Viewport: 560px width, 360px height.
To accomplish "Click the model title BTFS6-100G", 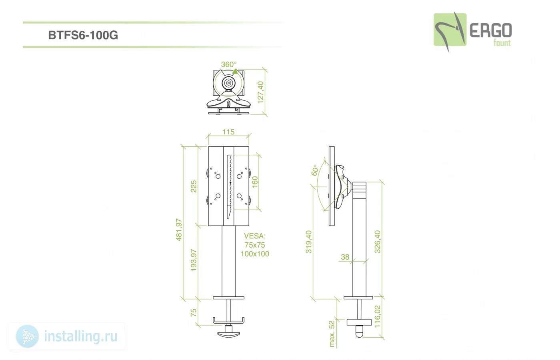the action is coord(83,35).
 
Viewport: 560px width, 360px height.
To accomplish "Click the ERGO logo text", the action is coord(491,30).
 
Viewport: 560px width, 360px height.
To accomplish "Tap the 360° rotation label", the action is coord(228,64).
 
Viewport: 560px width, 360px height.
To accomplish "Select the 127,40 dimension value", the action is coord(260,92).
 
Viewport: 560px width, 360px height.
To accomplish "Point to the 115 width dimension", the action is coord(228,132).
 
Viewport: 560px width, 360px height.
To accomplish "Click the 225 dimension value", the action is coord(194,186).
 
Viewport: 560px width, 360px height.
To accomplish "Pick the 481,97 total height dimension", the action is coord(179,230).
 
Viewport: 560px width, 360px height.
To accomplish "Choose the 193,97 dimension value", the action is coord(194,260).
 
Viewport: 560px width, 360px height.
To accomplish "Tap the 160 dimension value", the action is coord(254,182).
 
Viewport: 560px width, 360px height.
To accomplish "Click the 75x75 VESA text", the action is coord(254,245).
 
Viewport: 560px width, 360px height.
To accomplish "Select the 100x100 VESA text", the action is coord(255,254).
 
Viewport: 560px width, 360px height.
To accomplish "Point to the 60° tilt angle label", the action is coord(315,170).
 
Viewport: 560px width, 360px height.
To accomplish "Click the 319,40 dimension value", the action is coord(309,242).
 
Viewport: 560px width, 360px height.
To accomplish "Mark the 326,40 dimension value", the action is coord(377,242).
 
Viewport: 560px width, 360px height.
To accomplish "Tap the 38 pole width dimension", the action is coord(345,257).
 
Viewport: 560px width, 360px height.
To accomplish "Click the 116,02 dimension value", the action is coord(377,316).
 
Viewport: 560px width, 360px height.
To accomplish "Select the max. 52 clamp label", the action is coord(332,334).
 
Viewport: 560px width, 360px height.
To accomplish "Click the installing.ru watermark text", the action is coord(81,336).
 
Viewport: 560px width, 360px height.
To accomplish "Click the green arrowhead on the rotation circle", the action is coord(235,72).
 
